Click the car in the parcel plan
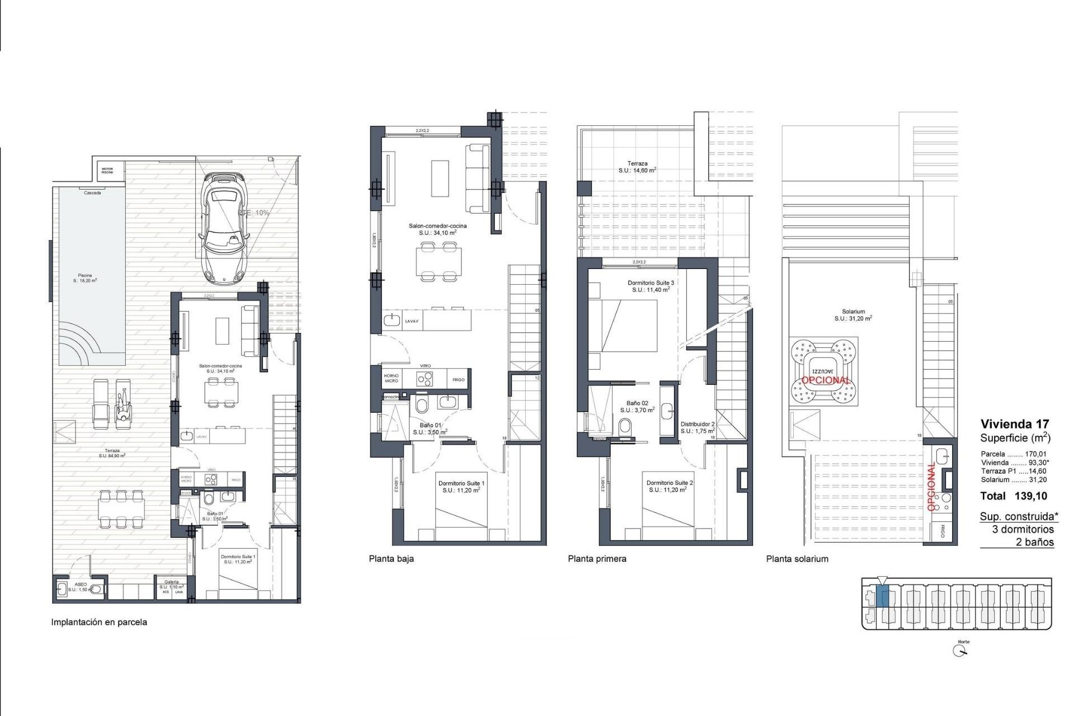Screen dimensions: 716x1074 (x=225, y=227)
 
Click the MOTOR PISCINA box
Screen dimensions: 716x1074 (x=107, y=170)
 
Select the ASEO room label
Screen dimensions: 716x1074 (x=81, y=587)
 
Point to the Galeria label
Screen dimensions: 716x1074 (x=171, y=582)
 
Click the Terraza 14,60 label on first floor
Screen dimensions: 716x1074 (x=637, y=167)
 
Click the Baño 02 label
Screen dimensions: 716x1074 (x=637, y=406)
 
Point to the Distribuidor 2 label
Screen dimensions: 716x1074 (x=697, y=427)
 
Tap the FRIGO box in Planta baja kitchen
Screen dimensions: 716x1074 (x=458, y=380)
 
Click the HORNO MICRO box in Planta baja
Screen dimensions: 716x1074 (x=392, y=378)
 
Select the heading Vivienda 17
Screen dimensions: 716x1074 (x=1015, y=424)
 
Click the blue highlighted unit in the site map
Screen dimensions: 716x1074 (x=882, y=596)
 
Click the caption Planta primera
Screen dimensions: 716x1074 (x=597, y=558)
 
